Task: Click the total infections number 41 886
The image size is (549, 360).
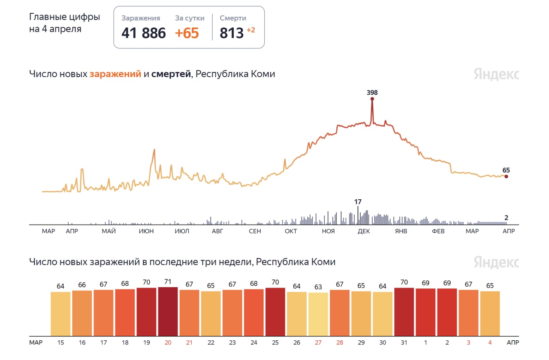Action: pyautogui.click(x=143, y=33)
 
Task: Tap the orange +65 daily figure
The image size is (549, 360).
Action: pyautogui.click(x=187, y=33)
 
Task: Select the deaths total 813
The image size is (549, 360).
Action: pyautogui.click(x=232, y=33)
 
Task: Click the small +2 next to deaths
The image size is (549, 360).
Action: pyautogui.click(x=250, y=30)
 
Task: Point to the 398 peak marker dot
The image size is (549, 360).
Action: pyautogui.click(x=372, y=99)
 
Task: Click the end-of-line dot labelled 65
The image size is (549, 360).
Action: pyautogui.click(x=506, y=176)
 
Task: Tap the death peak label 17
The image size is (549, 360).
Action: pyautogui.click(x=358, y=201)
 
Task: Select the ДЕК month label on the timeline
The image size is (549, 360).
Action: pyautogui.click(x=364, y=231)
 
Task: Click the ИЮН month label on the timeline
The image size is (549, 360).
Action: pyautogui.click(x=147, y=231)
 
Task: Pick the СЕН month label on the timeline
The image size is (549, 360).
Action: pyautogui.click(x=255, y=231)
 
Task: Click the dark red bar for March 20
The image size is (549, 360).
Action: pyautogui.click(x=168, y=311)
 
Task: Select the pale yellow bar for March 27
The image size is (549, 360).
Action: pyautogui.click(x=318, y=314)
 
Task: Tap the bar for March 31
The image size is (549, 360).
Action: pyautogui.click(x=404, y=312)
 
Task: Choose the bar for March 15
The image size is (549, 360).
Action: pyautogui.click(x=60, y=313)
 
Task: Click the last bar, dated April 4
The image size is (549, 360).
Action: pyautogui.click(x=490, y=313)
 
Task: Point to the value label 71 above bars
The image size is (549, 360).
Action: pyautogui.click(x=168, y=282)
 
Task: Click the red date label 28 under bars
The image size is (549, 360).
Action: pyautogui.click(x=339, y=343)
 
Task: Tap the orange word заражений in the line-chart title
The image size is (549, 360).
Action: pyautogui.click(x=115, y=74)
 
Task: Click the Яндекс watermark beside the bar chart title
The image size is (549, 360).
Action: pyautogui.click(x=496, y=262)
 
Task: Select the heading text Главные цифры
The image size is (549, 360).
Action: pyautogui.click(x=64, y=17)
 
